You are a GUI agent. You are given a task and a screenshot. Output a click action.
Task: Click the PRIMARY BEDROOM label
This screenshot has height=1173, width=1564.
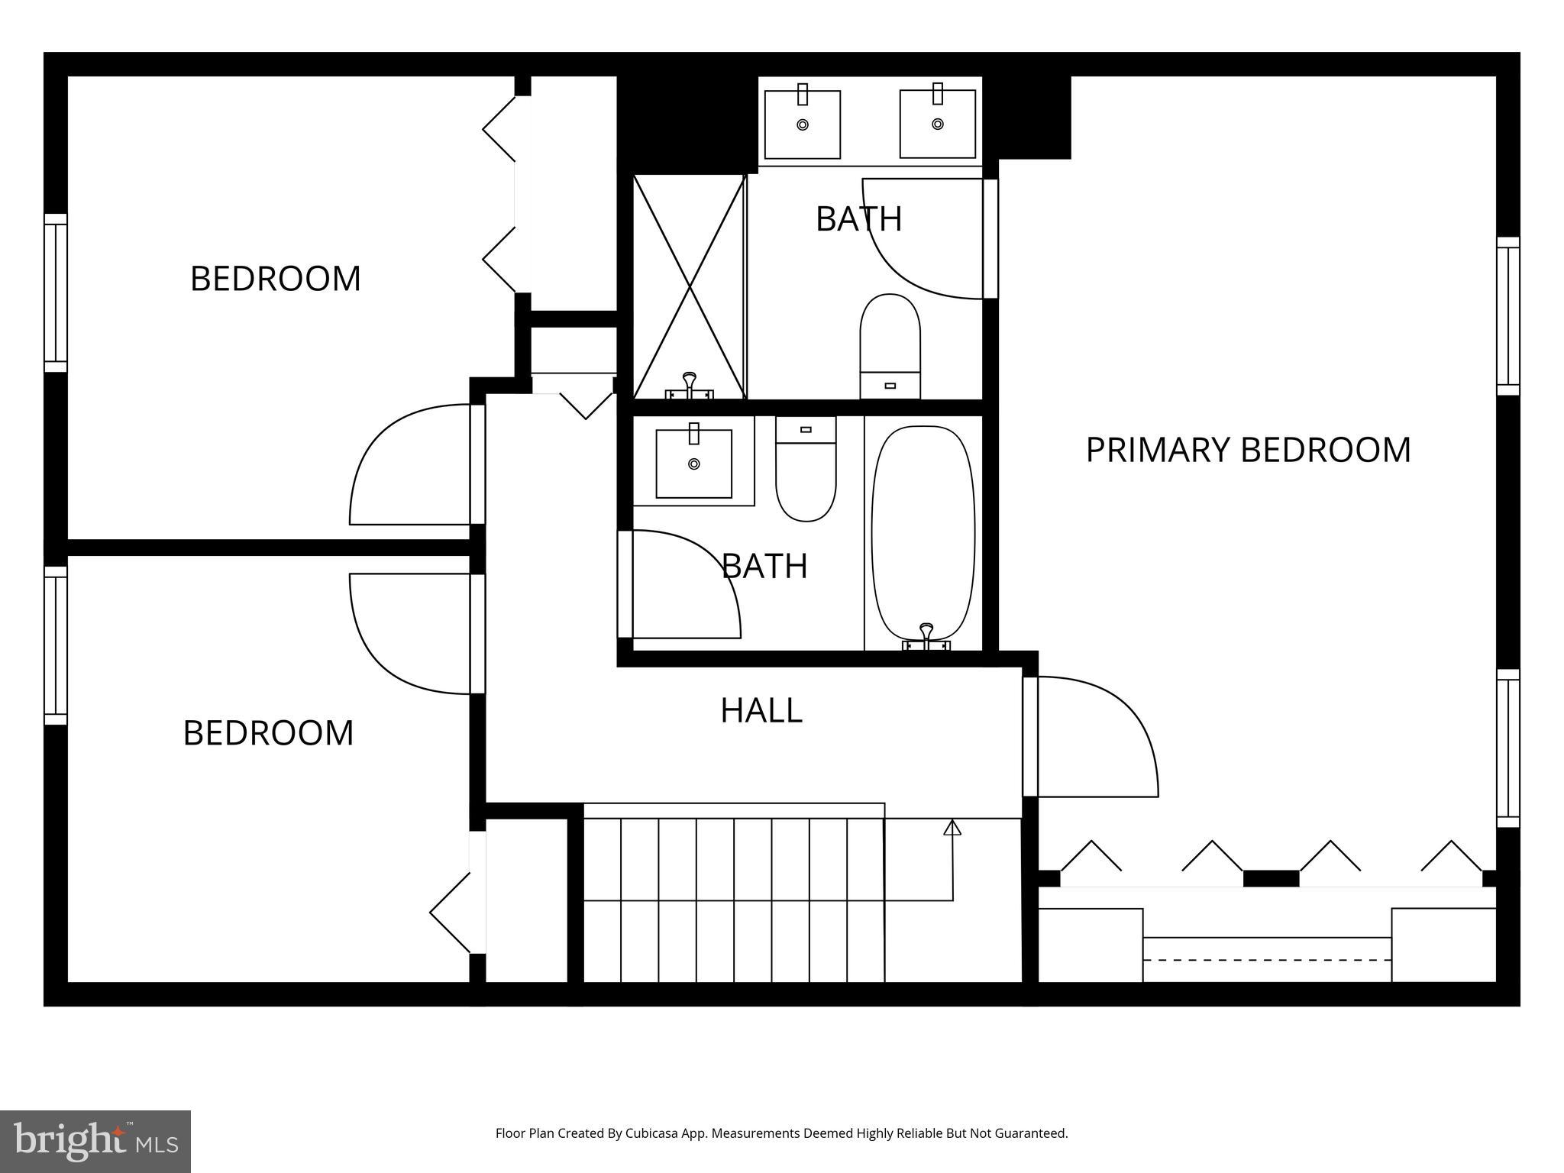[1248, 450]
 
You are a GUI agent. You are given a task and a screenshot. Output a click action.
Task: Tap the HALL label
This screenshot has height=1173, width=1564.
[761, 710]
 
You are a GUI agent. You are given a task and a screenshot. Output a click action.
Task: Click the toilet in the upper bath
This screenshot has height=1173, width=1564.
[890, 346]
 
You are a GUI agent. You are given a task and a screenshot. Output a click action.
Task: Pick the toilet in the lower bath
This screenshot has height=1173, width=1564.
[806, 470]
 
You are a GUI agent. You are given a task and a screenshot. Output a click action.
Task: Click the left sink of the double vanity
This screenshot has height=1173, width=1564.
[802, 124]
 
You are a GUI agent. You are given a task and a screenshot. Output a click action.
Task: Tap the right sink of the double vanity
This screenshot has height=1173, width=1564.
[937, 124]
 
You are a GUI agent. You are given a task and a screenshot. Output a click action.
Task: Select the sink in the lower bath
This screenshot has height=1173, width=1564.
[693, 464]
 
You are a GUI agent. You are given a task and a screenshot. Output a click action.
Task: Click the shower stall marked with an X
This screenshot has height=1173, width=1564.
[689, 287]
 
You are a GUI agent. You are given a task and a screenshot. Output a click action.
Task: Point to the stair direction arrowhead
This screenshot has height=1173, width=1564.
[952, 827]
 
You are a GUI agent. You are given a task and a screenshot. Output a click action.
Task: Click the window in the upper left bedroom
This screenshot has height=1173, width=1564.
[56, 292]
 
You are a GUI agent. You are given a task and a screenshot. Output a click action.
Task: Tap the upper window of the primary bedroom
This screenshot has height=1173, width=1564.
[1507, 315]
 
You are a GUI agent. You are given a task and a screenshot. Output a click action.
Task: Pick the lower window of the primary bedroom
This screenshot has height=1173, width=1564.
[1507, 748]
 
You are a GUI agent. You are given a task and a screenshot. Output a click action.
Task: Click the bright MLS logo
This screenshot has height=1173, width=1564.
[95, 1141]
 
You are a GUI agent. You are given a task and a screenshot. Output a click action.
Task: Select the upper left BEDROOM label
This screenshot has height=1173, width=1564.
[275, 279]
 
